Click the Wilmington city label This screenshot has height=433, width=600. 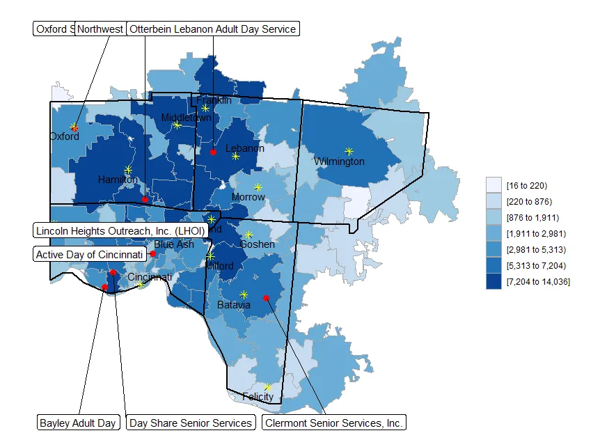click(339, 162)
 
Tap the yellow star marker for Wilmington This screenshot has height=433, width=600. click(349, 150)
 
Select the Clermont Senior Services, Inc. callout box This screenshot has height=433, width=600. click(333, 423)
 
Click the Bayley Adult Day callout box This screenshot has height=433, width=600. click(78, 423)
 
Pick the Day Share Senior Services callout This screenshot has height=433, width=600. click(191, 423)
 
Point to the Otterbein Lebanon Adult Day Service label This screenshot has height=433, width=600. click(213, 29)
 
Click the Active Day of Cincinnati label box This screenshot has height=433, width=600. click(90, 254)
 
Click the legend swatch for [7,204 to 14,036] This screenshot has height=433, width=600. click(494, 281)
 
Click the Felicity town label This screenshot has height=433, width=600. click(258, 397)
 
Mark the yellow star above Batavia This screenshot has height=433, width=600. click(244, 294)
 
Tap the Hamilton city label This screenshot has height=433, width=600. click(118, 179)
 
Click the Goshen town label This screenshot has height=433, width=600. click(257, 244)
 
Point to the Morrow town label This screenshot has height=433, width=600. click(248, 197)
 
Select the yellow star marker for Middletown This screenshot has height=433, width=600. click(177, 125)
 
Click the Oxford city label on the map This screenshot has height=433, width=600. click(64, 136)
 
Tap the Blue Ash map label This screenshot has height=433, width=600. click(174, 244)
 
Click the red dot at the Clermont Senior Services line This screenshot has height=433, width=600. click(266, 298)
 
